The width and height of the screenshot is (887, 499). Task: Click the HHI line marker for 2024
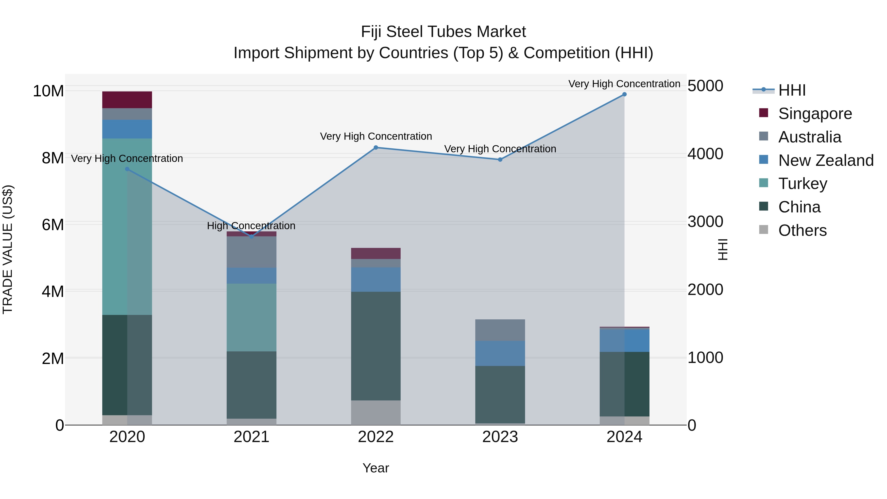click(x=624, y=94)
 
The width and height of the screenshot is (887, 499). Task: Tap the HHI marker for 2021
click(x=251, y=237)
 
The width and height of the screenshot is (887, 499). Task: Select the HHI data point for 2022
click(x=376, y=148)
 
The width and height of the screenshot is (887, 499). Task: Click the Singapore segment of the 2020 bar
click(x=127, y=100)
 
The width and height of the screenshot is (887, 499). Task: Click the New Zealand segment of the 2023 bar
click(x=500, y=353)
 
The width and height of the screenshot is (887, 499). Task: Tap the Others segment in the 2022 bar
click(x=376, y=412)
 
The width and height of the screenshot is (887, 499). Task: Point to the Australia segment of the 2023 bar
click(x=500, y=330)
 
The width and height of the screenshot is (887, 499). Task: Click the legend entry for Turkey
click(x=802, y=184)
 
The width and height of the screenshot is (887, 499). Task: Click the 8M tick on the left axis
click(x=53, y=158)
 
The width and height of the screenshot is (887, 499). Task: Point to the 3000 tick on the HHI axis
click(x=705, y=222)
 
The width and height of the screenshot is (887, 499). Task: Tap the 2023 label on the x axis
click(x=500, y=437)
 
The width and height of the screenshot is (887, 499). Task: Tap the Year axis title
click(x=376, y=468)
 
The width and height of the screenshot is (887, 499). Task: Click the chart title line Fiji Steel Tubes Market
click(x=443, y=32)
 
